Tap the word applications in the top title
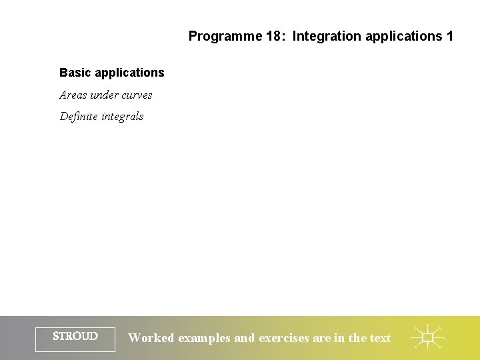tap(398, 36)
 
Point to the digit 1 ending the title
tap(449, 36)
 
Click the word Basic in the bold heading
tap(74, 72)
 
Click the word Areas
tap(73, 95)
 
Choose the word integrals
tap(123, 117)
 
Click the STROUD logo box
tap(75, 337)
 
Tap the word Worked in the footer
tap(151, 338)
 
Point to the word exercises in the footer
tap(284, 338)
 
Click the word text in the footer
tap(380, 338)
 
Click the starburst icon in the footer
tap(427, 338)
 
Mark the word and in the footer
tap(244, 338)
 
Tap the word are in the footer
tap(321, 338)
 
